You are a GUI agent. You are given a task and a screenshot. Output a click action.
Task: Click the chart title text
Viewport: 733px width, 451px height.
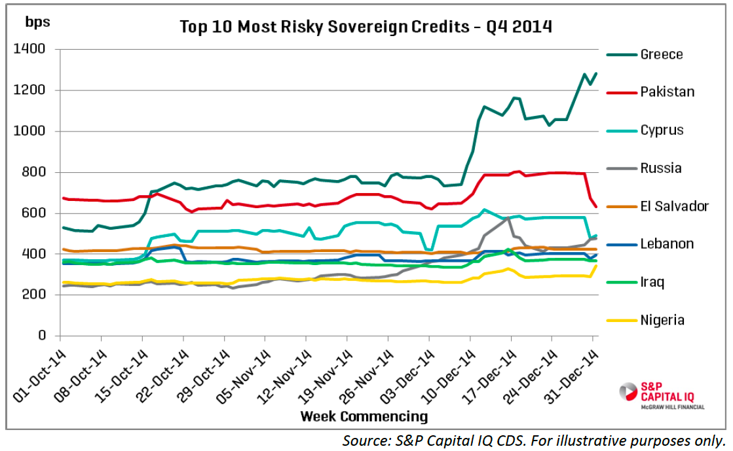[x=366, y=27]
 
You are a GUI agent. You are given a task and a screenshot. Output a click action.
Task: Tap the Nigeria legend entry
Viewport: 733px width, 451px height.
[x=662, y=320]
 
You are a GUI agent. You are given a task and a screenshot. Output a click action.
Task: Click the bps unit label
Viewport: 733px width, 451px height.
[x=37, y=22]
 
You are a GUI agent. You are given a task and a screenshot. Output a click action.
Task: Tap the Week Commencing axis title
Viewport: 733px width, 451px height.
[x=364, y=416]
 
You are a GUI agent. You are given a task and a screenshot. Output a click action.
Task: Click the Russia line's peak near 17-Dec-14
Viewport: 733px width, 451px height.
[x=510, y=217]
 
